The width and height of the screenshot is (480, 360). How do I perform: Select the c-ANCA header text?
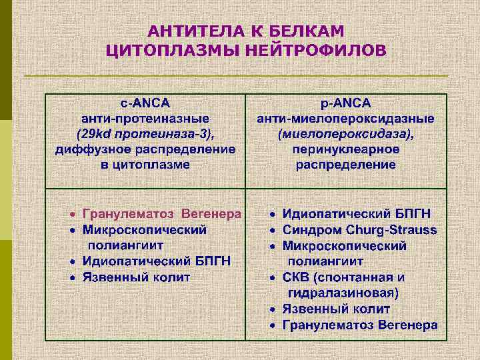point(145,103)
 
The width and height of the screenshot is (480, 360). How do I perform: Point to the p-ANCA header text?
point(346,103)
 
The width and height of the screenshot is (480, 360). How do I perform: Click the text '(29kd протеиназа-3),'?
point(145,134)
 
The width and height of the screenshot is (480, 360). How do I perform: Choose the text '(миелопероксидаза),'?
point(346,134)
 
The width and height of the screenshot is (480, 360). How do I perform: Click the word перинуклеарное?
point(346,149)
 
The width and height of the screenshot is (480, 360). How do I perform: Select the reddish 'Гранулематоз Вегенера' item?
point(162,214)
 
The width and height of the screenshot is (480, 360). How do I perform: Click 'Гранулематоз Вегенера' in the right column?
point(360,325)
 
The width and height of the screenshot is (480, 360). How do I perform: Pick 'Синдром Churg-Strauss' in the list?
point(360,230)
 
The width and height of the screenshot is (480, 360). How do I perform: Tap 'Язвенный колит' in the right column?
point(336,309)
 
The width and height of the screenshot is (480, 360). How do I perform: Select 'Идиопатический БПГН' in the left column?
point(157,261)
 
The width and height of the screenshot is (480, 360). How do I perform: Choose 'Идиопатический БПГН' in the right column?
point(357,214)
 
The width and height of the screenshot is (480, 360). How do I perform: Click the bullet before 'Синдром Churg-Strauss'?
point(273,231)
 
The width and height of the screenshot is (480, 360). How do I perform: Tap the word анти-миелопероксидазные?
point(346,119)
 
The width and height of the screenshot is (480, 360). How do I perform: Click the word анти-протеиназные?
point(145,119)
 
